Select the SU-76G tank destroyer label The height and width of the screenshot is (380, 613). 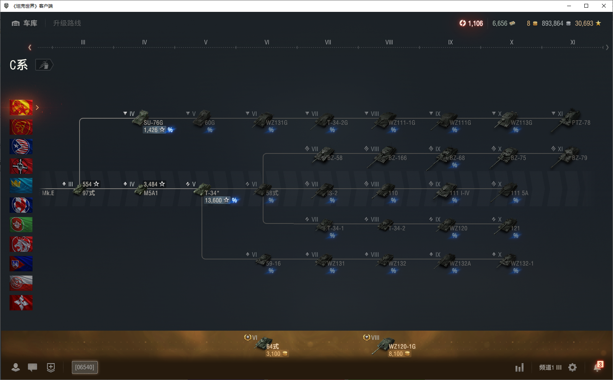(153, 122)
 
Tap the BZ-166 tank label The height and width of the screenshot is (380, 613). (397, 158)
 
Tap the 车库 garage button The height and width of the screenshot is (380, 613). (25, 23)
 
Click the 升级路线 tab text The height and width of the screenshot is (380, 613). (67, 23)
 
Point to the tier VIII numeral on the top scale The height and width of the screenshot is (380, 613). (389, 42)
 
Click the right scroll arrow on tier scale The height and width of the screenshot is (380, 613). (607, 47)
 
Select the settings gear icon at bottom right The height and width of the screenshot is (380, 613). (572, 367)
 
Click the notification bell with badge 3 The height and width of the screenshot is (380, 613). (597, 367)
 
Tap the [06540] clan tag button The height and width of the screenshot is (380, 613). (85, 367)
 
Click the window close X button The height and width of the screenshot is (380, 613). (604, 6)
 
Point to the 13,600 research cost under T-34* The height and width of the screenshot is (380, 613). (213, 201)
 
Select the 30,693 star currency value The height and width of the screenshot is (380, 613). (584, 23)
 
